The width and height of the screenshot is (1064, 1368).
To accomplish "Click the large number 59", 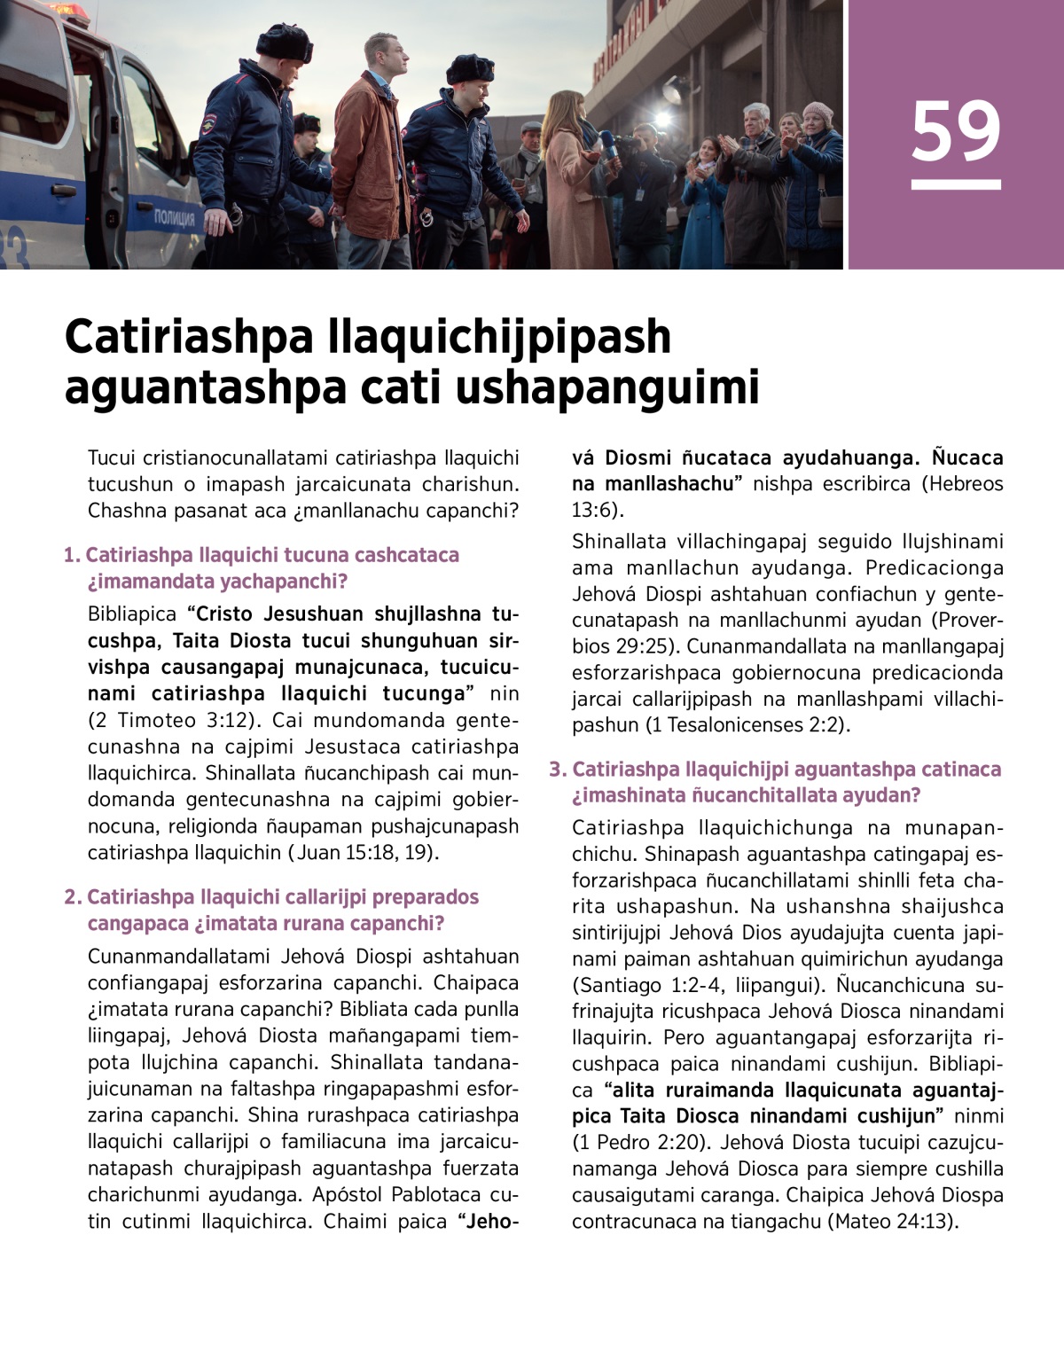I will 955,131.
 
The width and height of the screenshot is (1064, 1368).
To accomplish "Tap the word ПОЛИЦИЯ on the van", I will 174,218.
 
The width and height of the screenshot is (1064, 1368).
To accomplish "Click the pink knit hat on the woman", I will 817,112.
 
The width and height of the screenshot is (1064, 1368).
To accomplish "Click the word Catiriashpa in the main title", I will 189,337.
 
